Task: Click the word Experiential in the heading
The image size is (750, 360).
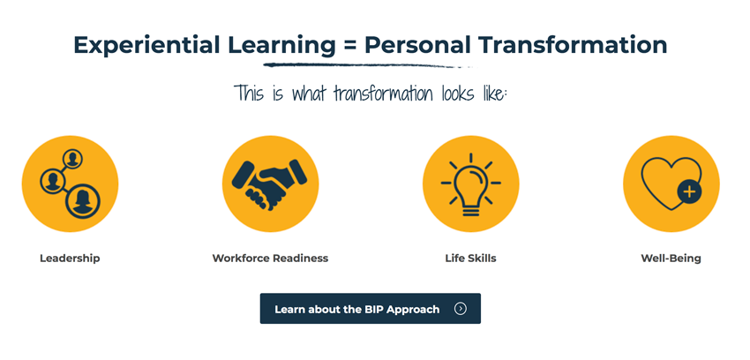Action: click(146, 45)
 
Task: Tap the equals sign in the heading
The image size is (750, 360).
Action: click(349, 46)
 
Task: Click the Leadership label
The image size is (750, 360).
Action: click(70, 259)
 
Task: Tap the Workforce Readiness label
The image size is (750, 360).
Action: click(270, 259)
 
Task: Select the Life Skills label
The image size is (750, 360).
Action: click(470, 259)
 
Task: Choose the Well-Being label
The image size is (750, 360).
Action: click(671, 259)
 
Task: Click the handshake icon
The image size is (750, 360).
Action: click(270, 184)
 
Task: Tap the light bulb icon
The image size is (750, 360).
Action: click(470, 184)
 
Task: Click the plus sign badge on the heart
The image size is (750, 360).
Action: click(689, 192)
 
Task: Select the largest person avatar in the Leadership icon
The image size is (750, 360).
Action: click(83, 202)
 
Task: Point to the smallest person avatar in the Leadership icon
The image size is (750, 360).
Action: click(72, 159)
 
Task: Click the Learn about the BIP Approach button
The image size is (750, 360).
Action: click(371, 308)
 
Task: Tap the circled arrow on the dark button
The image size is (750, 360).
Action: click(460, 309)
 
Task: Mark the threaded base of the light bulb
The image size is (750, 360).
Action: click(470, 208)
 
